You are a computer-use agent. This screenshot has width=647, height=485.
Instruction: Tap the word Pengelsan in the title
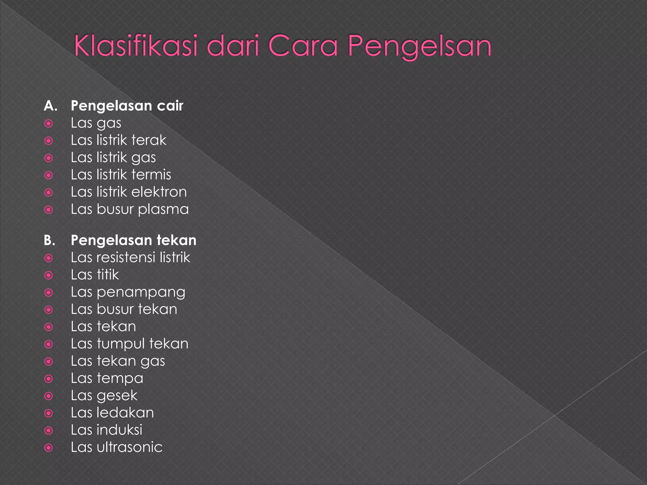point(420,47)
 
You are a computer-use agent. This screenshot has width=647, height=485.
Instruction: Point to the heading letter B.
point(50,240)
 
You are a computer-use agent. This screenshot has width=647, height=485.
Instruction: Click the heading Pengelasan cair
point(127,106)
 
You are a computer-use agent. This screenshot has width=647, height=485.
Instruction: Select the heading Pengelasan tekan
point(133,240)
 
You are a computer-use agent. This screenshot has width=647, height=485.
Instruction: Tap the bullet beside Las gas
point(49,123)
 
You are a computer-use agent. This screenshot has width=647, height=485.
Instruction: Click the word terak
point(149,140)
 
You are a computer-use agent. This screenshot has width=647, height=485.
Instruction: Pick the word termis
point(151,175)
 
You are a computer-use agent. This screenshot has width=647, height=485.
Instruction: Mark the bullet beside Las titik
point(49,275)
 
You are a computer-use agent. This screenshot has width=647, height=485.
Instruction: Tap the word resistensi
point(126,257)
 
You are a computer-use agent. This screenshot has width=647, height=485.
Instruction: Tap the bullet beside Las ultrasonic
point(49,447)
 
